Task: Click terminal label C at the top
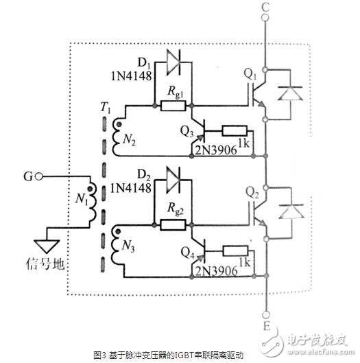pyautogui.click(x=265, y=9)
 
